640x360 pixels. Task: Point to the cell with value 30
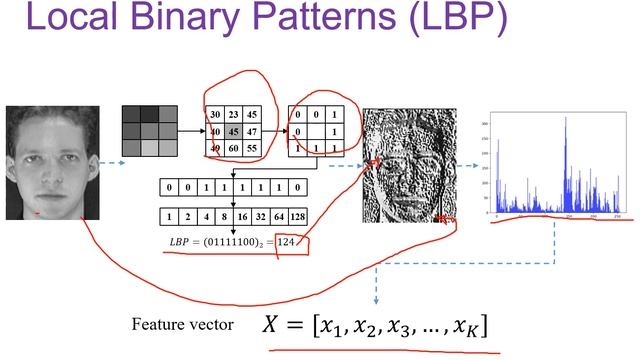tap(215, 113)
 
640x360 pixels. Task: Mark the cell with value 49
tap(215, 147)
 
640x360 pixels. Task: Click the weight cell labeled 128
tap(298, 215)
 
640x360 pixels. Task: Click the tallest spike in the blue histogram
tap(565, 120)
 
